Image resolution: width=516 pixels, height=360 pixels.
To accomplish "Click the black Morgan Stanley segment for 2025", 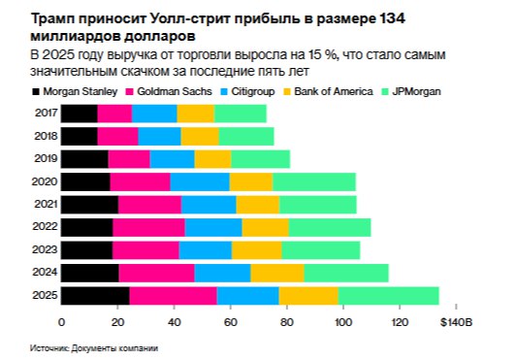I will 95,295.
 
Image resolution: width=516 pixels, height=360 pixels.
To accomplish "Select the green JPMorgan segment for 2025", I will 388,295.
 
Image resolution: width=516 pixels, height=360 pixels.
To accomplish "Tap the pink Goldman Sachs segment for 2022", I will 148,227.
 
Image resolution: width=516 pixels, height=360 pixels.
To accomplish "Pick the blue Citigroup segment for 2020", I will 200,181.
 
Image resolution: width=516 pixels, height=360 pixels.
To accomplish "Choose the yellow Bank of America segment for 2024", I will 277,273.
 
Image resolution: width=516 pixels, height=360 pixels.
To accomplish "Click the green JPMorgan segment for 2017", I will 240,114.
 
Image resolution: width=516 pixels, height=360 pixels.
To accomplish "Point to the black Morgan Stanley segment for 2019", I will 84,159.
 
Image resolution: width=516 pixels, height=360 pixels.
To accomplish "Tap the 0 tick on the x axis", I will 62,321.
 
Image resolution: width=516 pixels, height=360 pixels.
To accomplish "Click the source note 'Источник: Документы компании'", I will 93,347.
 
